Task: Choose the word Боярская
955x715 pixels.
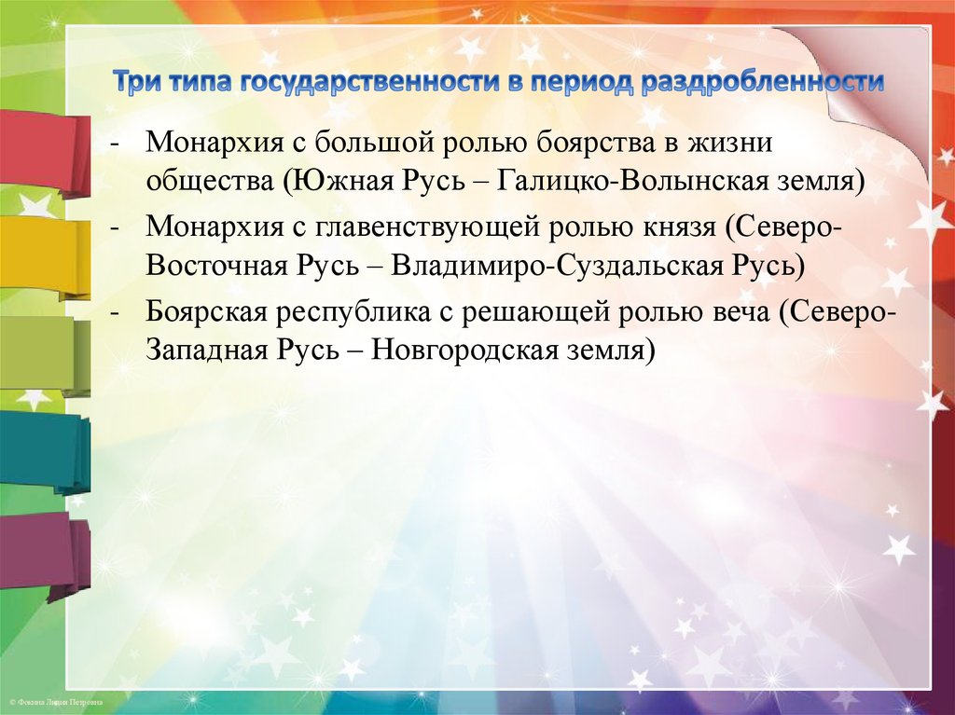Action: pos(208,312)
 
